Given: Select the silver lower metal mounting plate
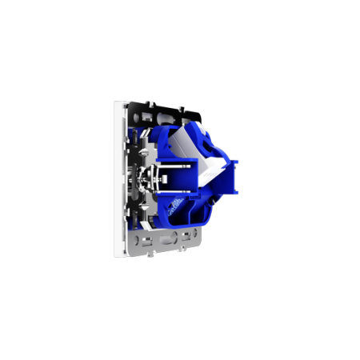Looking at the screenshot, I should pyautogui.click(x=160, y=240).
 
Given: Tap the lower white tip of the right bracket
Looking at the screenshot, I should pyautogui.click(x=237, y=193).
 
